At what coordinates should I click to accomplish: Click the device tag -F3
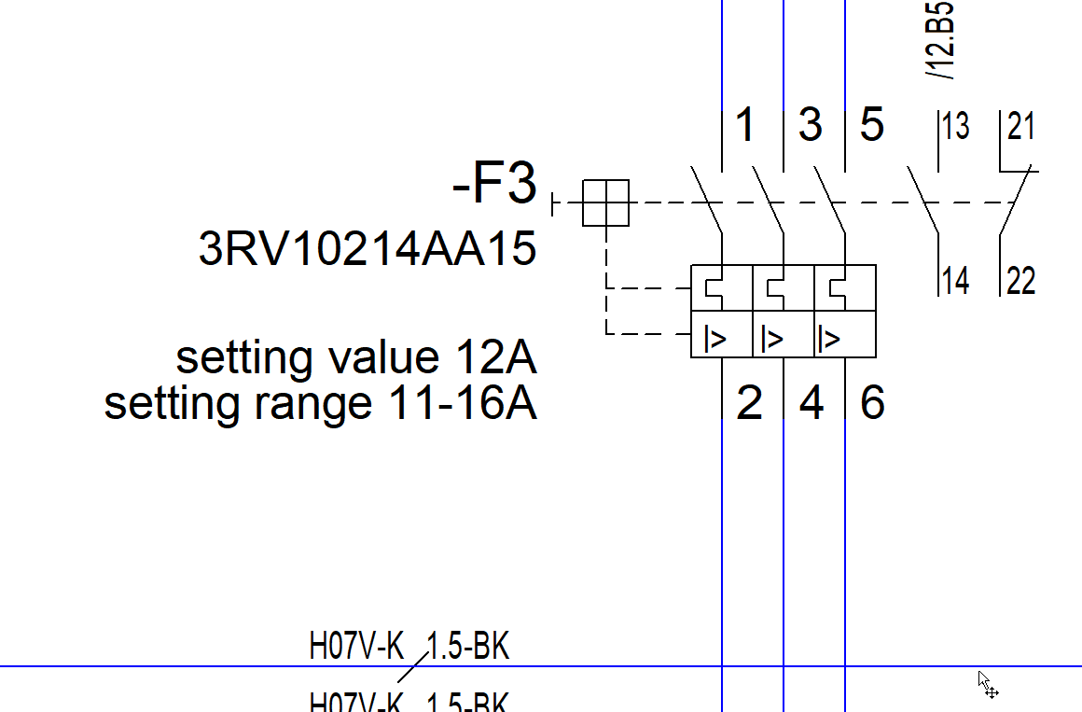coord(495,185)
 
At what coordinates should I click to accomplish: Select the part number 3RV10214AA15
coord(368,249)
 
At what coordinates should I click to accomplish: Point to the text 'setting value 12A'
coord(356,357)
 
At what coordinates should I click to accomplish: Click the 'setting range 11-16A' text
coord(320,403)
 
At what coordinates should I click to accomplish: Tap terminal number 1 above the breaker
coord(744,126)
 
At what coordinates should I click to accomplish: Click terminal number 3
coord(811,126)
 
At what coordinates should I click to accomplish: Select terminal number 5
coord(871,125)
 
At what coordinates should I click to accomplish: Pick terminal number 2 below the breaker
coord(749,403)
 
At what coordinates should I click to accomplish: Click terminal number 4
coord(811,403)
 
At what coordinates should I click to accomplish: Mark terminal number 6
coord(872,403)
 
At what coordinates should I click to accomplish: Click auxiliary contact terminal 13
coord(955,127)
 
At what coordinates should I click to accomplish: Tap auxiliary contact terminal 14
coord(955,280)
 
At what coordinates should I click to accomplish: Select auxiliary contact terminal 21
coord(1021,127)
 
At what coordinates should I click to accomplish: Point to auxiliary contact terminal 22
coord(1021,280)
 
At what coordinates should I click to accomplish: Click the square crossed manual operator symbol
coord(606,202)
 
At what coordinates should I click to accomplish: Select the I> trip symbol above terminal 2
coord(715,338)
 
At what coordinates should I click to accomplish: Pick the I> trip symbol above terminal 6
coord(828,338)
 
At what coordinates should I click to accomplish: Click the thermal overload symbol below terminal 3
coord(776,288)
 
